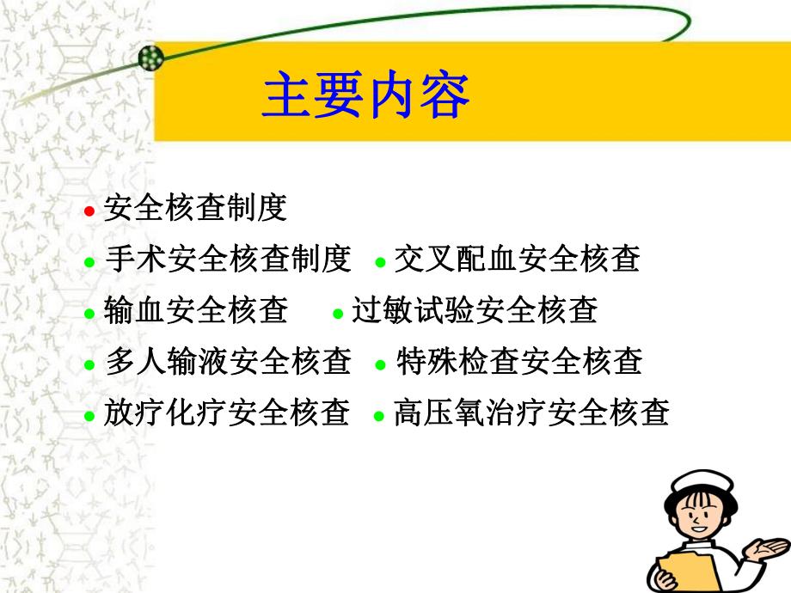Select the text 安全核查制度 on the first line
point(195,207)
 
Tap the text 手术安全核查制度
point(228,259)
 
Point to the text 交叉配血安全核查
point(517,259)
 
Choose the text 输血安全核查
point(196,310)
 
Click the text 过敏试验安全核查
point(475,310)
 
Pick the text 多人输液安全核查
point(228,362)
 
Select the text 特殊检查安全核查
point(518,362)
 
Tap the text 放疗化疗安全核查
point(228,413)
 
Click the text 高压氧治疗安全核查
point(530,413)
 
